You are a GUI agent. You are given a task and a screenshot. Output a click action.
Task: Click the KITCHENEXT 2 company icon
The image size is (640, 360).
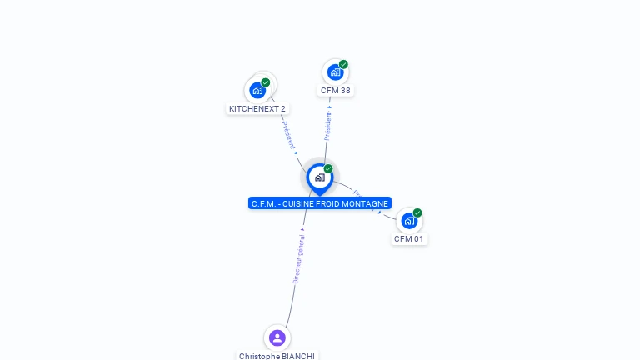coord(257,90)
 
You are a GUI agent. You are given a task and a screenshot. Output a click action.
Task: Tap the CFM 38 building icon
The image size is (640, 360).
coord(335,72)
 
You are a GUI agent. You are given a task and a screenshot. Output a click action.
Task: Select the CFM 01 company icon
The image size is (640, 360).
coord(409,221)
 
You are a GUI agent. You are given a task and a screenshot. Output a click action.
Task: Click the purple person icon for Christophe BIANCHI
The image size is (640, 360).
coord(277,337)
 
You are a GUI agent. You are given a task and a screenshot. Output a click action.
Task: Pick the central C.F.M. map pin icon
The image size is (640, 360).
coord(320,177)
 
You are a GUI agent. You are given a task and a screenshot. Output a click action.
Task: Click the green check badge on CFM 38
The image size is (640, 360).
coord(343,64)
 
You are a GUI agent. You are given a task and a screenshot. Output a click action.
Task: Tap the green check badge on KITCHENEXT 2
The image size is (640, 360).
coord(266,82)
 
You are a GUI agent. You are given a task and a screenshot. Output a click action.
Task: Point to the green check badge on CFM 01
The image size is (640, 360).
coord(417,212)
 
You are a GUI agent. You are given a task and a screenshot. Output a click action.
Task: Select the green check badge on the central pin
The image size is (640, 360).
coord(328,168)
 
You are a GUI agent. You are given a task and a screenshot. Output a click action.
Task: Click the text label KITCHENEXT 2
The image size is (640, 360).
coord(257,108)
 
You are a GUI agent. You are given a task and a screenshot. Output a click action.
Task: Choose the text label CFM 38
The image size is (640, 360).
coord(336,91)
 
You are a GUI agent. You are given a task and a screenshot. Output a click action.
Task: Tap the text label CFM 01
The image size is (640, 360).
coord(409,239)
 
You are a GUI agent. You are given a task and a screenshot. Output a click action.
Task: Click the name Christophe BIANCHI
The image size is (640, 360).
coord(277,356)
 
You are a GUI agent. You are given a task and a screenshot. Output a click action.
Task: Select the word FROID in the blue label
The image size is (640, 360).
coord(331,203)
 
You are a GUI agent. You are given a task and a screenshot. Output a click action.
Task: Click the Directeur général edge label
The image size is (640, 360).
coord(299,258)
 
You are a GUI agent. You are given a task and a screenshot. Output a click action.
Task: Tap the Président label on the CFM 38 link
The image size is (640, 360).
coord(327,127)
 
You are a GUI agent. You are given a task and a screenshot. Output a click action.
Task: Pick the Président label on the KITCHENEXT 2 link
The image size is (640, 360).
coord(288,135)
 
